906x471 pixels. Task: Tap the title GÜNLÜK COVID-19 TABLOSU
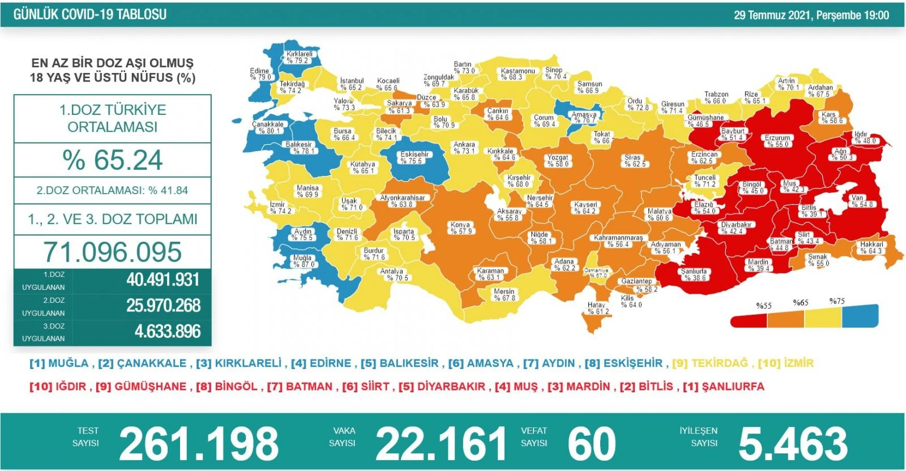click(x=90, y=15)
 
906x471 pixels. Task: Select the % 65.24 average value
click(x=113, y=160)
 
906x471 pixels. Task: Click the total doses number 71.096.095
click(x=113, y=252)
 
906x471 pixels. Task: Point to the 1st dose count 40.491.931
click(x=163, y=280)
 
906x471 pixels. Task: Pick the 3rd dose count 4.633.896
click(x=168, y=331)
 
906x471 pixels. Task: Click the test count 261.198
click(x=199, y=444)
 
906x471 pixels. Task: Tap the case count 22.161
click(x=441, y=444)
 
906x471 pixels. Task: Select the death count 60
click(x=592, y=444)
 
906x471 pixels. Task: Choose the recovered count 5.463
click(x=793, y=444)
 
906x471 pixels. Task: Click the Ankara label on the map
click(x=464, y=148)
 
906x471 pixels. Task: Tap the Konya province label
click(x=460, y=228)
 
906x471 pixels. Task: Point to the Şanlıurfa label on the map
click(x=694, y=275)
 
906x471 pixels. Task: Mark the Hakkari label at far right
click(x=871, y=247)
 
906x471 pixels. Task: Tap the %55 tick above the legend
click(x=764, y=306)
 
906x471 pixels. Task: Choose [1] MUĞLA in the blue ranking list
click(x=59, y=363)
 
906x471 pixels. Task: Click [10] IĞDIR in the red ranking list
click(x=59, y=387)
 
